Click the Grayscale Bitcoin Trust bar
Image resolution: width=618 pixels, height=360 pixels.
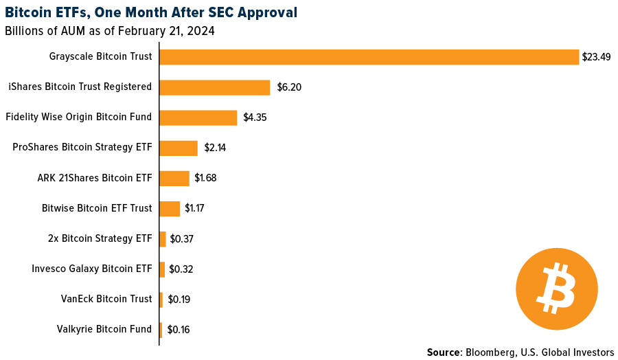pyautogui.click(x=369, y=57)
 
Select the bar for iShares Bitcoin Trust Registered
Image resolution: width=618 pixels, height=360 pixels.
pyautogui.click(x=214, y=87)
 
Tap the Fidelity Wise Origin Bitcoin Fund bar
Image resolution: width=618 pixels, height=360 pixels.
pyautogui.click(x=198, y=117)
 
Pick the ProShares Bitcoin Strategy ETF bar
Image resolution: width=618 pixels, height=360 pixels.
pyautogui.click(x=179, y=148)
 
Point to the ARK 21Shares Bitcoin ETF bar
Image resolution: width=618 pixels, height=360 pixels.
pyautogui.click(x=174, y=178)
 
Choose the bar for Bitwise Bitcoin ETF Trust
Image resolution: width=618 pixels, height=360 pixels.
pyautogui.click(x=170, y=208)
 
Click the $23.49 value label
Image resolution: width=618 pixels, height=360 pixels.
pyautogui.click(x=596, y=57)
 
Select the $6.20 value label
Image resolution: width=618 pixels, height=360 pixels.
pyautogui.click(x=289, y=87)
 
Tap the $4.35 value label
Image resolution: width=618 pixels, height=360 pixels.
pyautogui.click(x=255, y=117)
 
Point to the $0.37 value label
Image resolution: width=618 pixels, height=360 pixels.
pyautogui.click(x=182, y=238)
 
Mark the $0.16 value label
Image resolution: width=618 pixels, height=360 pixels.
pyautogui.click(x=178, y=329)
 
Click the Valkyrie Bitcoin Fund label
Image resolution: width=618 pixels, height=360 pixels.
pyautogui.click(x=104, y=329)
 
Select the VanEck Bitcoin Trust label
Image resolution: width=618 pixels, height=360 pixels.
pyautogui.click(x=106, y=299)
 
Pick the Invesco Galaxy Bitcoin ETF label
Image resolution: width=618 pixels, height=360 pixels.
pyautogui.click(x=92, y=269)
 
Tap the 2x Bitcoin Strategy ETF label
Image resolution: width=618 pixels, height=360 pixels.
pyautogui.click(x=100, y=238)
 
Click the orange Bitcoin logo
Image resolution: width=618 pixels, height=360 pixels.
pyautogui.click(x=557, y=289)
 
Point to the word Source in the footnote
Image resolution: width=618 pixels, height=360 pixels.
pyautogui.click(x=444, y=352)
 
